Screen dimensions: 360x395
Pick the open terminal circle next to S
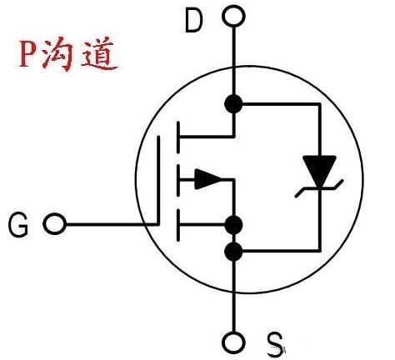point(235,342)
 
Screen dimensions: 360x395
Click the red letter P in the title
point(31,55)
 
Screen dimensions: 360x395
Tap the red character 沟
point(64,55)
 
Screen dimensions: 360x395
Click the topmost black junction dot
point(235,104)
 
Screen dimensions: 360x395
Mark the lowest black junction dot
point(235,250)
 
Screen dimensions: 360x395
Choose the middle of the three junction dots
point(235,224)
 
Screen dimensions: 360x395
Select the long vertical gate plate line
point(161,178)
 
